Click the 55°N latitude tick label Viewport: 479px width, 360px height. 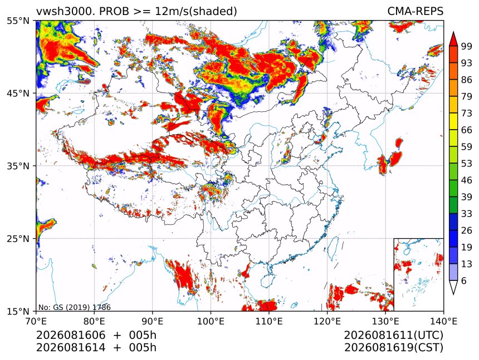point(18,21)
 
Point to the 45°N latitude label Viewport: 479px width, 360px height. point(18,93)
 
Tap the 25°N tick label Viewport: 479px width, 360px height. point(18,239)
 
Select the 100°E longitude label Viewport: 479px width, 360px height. point(211,321)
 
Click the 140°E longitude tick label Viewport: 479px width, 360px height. point(443,321)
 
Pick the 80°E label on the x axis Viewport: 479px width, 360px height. point(94,321)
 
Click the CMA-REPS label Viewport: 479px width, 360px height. point(415,11)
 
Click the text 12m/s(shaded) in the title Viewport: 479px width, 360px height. point(196,12)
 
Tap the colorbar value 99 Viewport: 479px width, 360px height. point(467,46)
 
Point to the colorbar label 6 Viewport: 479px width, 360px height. point(464,280)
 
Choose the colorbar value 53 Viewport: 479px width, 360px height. point(467,164)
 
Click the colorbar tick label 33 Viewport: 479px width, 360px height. point(467,214)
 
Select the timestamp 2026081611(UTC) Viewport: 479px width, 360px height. point(393,336)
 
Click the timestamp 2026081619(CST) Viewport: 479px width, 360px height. point(393,348)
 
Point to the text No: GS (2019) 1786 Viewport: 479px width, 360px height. point(75,307)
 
